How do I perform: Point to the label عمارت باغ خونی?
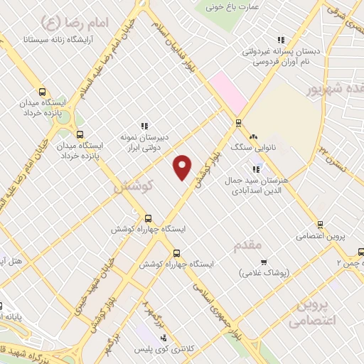[232, 7]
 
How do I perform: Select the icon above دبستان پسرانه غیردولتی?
[282, 41]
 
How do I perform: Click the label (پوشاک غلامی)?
[264, 272]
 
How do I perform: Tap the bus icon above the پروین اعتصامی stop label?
[321, 225]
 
